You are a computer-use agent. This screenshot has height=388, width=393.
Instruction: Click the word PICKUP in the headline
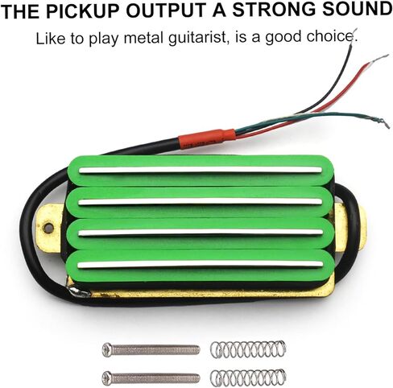[x=85, y=10]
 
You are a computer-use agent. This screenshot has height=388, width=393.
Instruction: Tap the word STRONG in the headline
[x=274, y=10]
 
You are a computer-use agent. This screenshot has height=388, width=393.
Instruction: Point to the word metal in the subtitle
[x=144, y=38]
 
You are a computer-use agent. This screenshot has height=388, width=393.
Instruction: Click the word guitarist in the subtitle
[x=198, y=38]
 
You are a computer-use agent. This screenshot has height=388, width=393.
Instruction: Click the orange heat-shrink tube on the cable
[x=207, y=138]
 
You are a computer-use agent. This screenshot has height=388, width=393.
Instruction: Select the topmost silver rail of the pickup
[x=200, y=170]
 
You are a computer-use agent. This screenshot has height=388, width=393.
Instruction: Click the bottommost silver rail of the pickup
[x=200, y=265]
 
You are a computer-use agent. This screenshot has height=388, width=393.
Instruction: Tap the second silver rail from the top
[x=200, y=202]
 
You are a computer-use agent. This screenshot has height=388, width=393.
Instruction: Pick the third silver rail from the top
[x=201, y=233]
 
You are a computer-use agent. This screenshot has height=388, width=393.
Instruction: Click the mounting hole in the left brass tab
[x=48, y=229]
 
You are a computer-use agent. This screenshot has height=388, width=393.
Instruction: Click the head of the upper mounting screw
[x=107, y=349]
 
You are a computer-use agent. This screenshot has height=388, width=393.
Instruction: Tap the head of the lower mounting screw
[x=107, y=378]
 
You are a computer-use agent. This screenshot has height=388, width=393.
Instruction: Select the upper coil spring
[x=248, y=349]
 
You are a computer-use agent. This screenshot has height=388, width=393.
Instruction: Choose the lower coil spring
[x=248, y=378]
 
